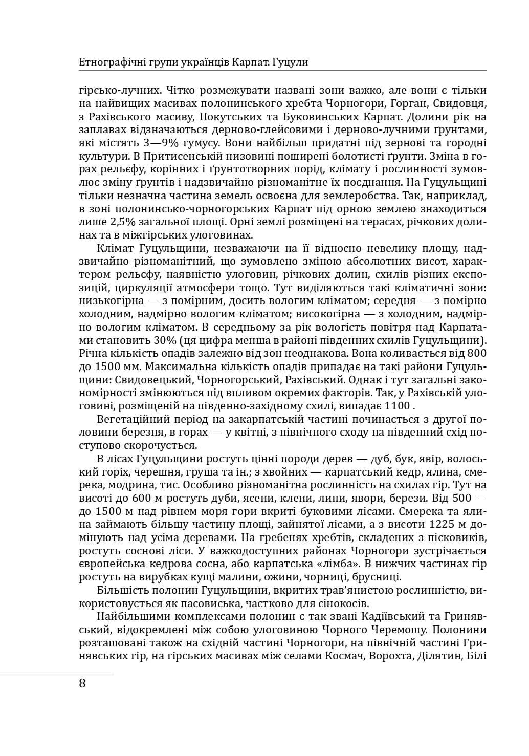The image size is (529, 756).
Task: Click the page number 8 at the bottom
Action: point(83,684)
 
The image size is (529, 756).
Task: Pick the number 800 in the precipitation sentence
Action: point(477,353)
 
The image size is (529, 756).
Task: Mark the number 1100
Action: point(397,406)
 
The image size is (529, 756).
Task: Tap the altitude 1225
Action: point(445,524)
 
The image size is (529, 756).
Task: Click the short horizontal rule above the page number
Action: point(56,675)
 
